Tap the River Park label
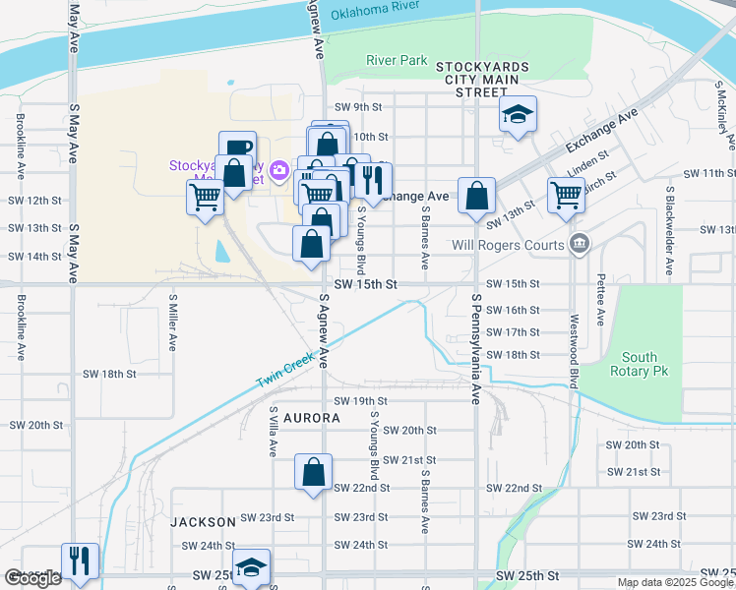pos(397,60)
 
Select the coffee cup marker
pos(237,148)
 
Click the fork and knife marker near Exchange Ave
pos(372,180)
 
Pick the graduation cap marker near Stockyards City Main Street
pos(518,115)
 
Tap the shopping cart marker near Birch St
pos(567,194)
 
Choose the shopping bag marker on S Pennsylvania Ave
pos(476,195)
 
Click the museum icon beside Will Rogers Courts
pos(580,243)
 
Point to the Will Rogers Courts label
pos(508,245)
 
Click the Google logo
pos(32,578)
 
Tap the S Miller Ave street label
pos(172,323)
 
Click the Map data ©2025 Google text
pos(674,582)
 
